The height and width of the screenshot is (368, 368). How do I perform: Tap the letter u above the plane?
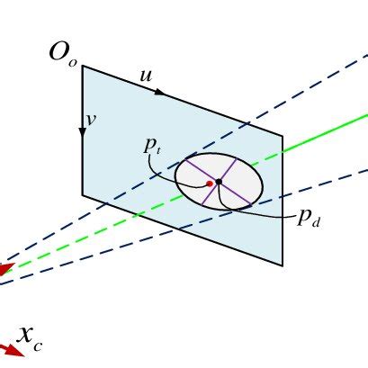point(146,76)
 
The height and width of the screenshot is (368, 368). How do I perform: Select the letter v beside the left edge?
point(91,118)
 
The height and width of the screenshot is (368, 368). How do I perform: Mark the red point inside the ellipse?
point(210,184)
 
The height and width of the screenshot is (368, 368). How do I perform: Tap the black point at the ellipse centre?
point(219,182)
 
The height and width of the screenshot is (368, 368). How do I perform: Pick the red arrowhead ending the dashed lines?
point(4,269)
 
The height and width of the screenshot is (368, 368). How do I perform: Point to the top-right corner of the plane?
point(283,137)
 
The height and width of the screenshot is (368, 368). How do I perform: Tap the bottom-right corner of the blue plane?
point(283,265)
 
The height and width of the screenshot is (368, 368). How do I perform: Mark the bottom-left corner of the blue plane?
point(83,194)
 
